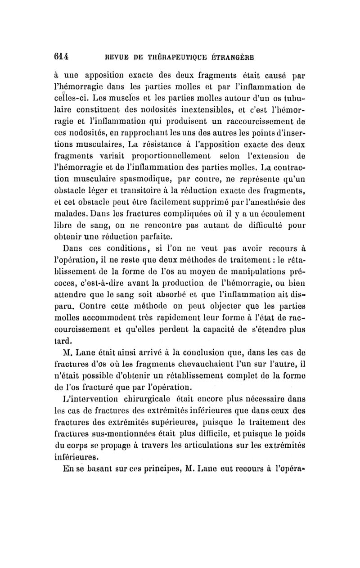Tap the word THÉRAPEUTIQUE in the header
coord(185,57)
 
